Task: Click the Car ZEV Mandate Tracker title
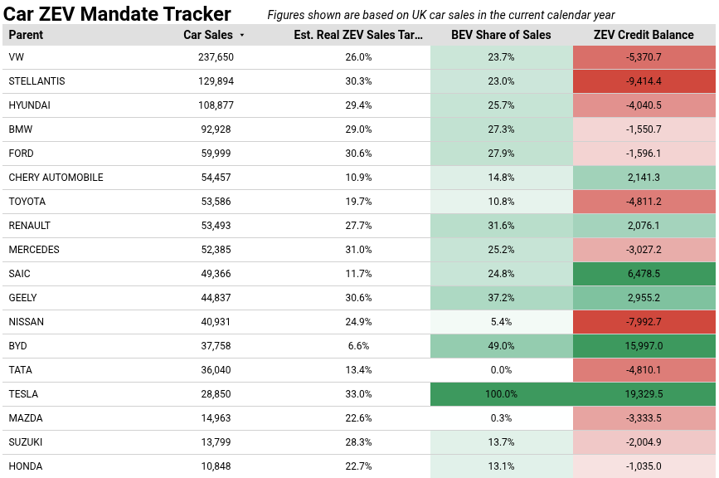pos(117,14)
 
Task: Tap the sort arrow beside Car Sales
pos(242,36)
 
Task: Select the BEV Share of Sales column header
pos(501,35)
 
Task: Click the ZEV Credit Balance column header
pos(644,35)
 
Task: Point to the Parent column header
pos(26,35)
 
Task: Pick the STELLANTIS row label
pos(36,81)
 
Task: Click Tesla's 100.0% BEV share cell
pos(501,394)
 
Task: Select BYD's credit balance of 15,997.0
pos(644,346)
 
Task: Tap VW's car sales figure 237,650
pos(216,57)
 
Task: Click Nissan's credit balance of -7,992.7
pos(644,322)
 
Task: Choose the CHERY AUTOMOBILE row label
pos(56,178)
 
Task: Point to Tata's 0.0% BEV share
pos(501,370)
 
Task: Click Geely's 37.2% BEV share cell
pos(501,298)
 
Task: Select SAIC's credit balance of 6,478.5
pos(644,274)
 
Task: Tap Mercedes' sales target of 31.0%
pos(358,250)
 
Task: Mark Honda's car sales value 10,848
pos(216,466)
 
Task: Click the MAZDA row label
pos(26,418)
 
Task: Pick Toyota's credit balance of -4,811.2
pos(644,202)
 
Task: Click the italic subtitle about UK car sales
pos(440,15)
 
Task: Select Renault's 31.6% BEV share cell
pos(501,226)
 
